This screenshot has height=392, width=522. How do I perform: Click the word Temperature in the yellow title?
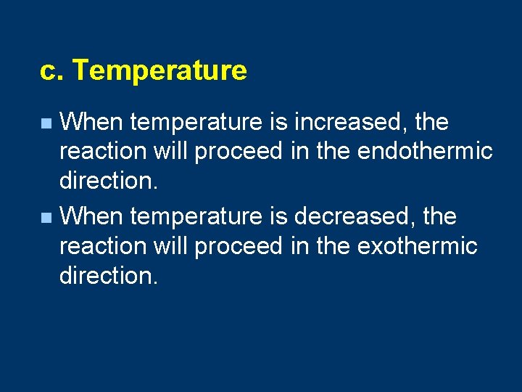pos(159,71)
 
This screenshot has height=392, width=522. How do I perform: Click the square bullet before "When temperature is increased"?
pos(46,123)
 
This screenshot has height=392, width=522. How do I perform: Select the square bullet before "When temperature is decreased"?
pos(46,218)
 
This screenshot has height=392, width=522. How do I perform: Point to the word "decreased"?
pos(353,216)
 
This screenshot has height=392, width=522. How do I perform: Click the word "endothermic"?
pos(425,152)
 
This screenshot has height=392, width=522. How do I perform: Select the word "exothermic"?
pos(418,246)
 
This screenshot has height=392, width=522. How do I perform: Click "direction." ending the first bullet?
pos(108,181)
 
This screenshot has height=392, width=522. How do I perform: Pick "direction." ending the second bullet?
pos(108,275)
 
